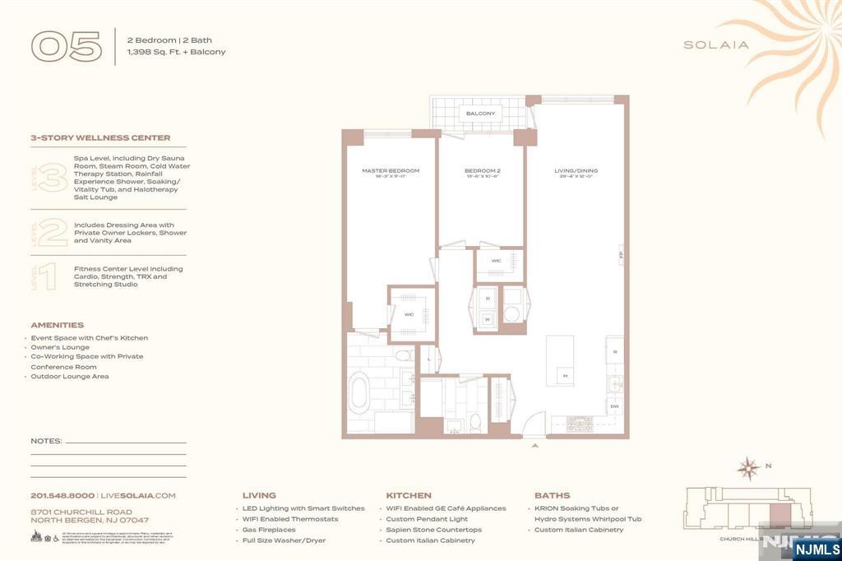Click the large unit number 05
[66, 46]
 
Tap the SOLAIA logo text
[716, 45]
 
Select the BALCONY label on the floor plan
[480, 114]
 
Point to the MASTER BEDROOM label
[391, 171]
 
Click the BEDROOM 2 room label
[481, 171]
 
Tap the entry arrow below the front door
[535, 445]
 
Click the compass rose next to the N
[748, 469]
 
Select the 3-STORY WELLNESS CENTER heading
[100, 138]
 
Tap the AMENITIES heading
[58, 325]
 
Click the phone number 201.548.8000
[62, 496]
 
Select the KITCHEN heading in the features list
[409, 496]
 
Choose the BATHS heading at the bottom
[552, 496]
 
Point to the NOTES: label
[46, 441]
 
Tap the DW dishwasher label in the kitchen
[614, 406]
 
